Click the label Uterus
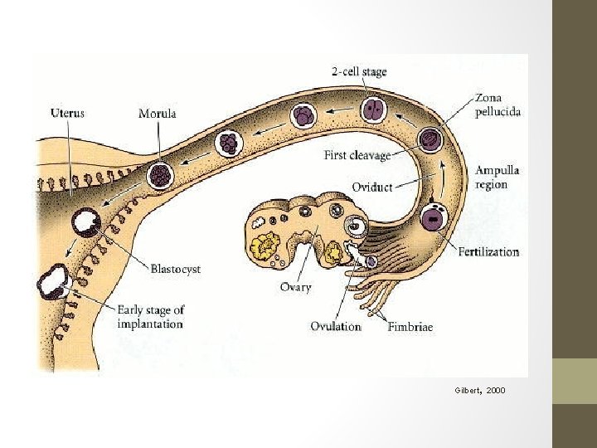click(68, 112)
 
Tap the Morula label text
click(157, 114)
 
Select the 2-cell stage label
click(358, 72)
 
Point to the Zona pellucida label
click(498, 104)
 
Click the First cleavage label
click(357, 155)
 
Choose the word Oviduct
click(372, 187)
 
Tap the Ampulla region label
click(498, 177)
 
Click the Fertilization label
click(488, 251)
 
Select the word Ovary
click(295, 287)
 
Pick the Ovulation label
click(336, 326)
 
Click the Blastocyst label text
click(175, 269)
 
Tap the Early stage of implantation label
click(150, 316)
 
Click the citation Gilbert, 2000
click(479, 389)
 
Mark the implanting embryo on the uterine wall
click(54, 280)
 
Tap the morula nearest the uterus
click(160, 174)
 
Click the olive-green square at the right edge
click(574, 381)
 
